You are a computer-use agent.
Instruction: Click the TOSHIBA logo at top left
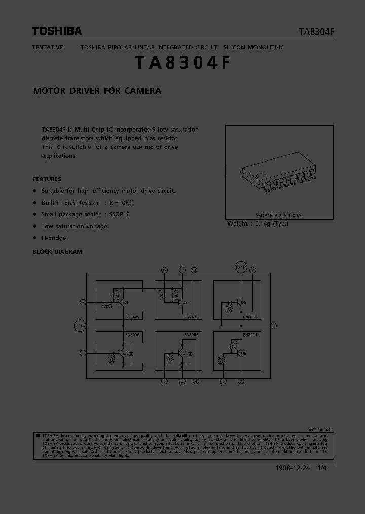tap(57, 31)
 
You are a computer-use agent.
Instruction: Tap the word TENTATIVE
tap(48, 47)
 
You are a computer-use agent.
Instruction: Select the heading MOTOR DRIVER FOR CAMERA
tap(97, 91)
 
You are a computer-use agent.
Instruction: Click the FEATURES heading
tap(47, 179)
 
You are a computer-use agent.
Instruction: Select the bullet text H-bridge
tap(54, 238)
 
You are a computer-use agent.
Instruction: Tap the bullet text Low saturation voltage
tap(75, 226)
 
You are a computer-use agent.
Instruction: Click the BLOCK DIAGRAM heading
tap(57, 252)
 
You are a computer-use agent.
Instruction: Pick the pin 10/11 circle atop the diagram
tap(240, 267)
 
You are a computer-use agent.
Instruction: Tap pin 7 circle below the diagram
tap(241, 381)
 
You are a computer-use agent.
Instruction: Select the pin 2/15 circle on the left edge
tap(80, 325)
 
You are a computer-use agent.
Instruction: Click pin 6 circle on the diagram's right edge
tap(274, 325)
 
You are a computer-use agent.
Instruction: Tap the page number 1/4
tap(322, 468)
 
